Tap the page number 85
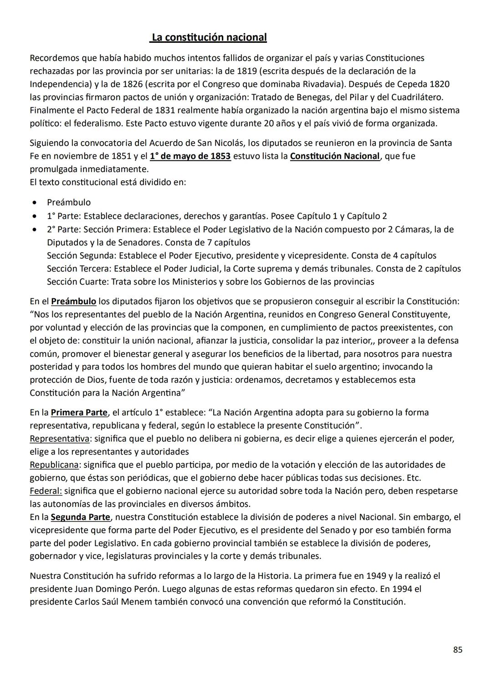(x=457, y=650)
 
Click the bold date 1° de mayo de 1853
(x=190, y=156)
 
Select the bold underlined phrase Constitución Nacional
(x=335, y=156)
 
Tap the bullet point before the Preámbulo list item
(x=34, y=203)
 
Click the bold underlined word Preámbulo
(x=73, y=302)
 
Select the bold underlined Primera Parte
(x=79, y=413)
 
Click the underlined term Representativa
(x=60, y=439)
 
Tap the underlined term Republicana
(x=54, y=465)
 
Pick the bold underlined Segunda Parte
(x=80, y=517)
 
